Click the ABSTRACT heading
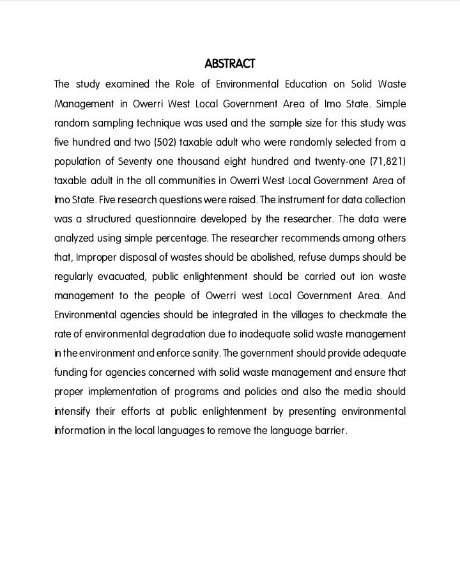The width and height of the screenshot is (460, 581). pyautogui.click(x=230, y=64)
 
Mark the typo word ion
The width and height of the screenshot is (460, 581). pyautogui.click(x=368, y=277)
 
